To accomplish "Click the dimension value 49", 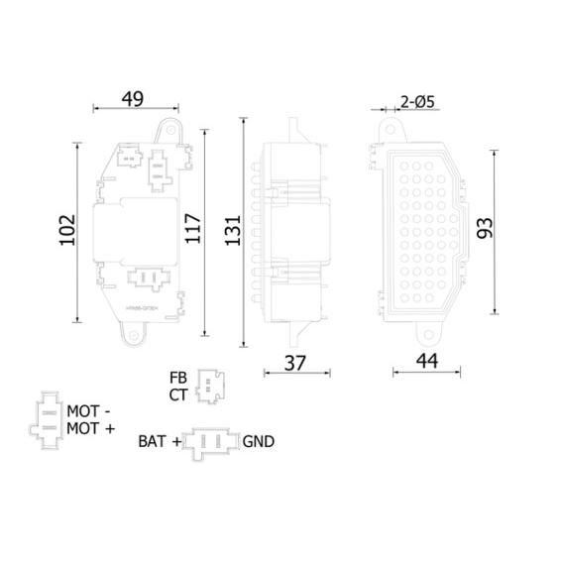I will (x=133, y=98).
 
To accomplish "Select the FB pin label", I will (x=178, y=378).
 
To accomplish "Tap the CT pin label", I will (x=178, y=394).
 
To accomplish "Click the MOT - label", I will (x=90, y=410).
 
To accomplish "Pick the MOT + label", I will (x=90, y=427).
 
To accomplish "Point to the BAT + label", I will (x=160, y=441).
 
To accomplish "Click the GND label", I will (x=258, y=441).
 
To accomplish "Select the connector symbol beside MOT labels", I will (x=46, y=419).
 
